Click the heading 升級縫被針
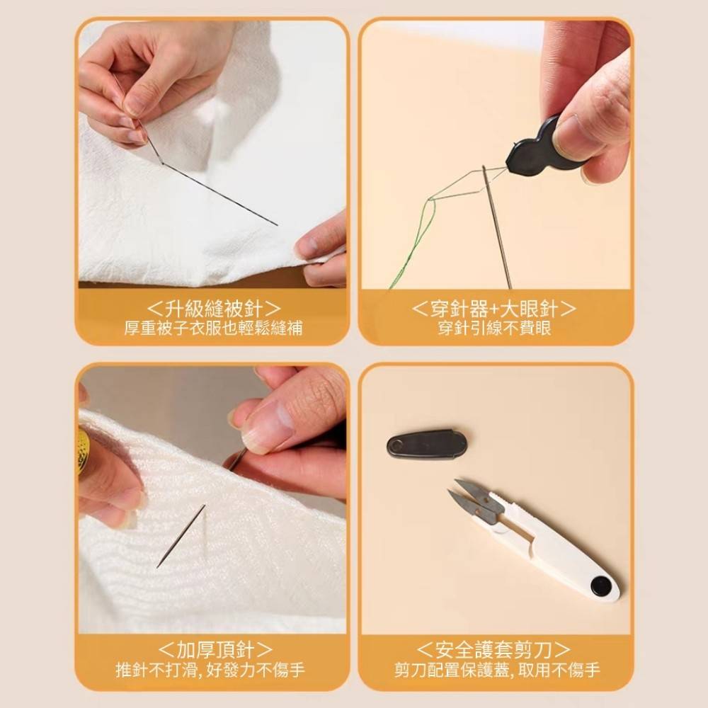pyautogui.click(x=213, y=309)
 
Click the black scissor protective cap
pyautogui.click(x=427, y=444)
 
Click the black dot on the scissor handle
pyautogui.click(x=601, y=585)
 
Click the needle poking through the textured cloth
pyautogui.click(x=181, y=535)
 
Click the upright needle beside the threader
pyautogui.click(x=497, y=227)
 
